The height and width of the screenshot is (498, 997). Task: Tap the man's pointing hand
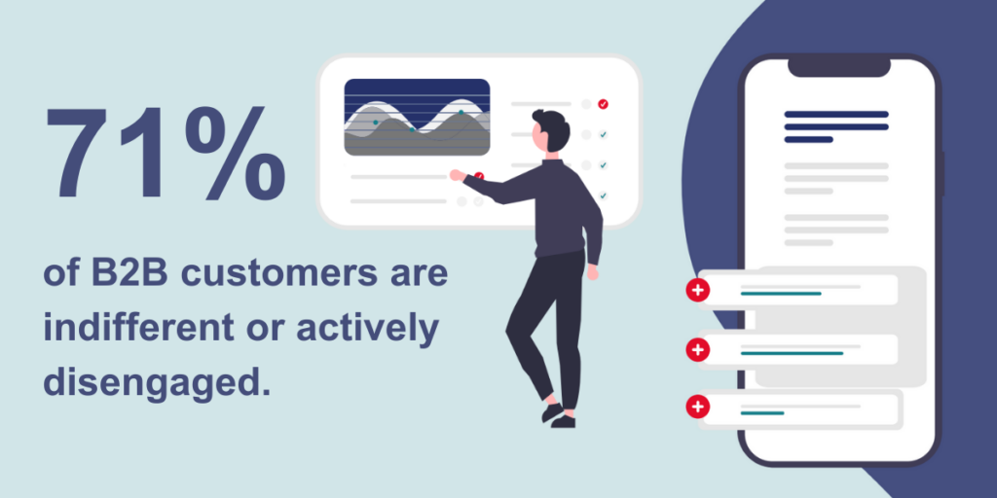(x=456, y=175)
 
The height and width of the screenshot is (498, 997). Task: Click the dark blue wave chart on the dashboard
(x=417, y=117)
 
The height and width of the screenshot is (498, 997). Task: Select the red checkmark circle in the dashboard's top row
(x=603, y=103)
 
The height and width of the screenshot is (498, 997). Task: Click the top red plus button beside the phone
(x=697, y=290)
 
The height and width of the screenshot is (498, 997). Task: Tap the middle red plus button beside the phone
(x=697, y=349)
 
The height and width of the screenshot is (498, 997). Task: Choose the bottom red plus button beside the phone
(x=697, y=408)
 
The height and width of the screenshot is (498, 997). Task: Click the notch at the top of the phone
(x=838, y=67)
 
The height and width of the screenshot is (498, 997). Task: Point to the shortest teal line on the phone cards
(x=761, y=413)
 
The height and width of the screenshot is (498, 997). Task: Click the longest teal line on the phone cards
(x=791, y=353)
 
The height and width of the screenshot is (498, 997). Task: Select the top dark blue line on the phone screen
(x=835, y=114)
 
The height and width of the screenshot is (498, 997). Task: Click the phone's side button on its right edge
(x=942, y=171)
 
